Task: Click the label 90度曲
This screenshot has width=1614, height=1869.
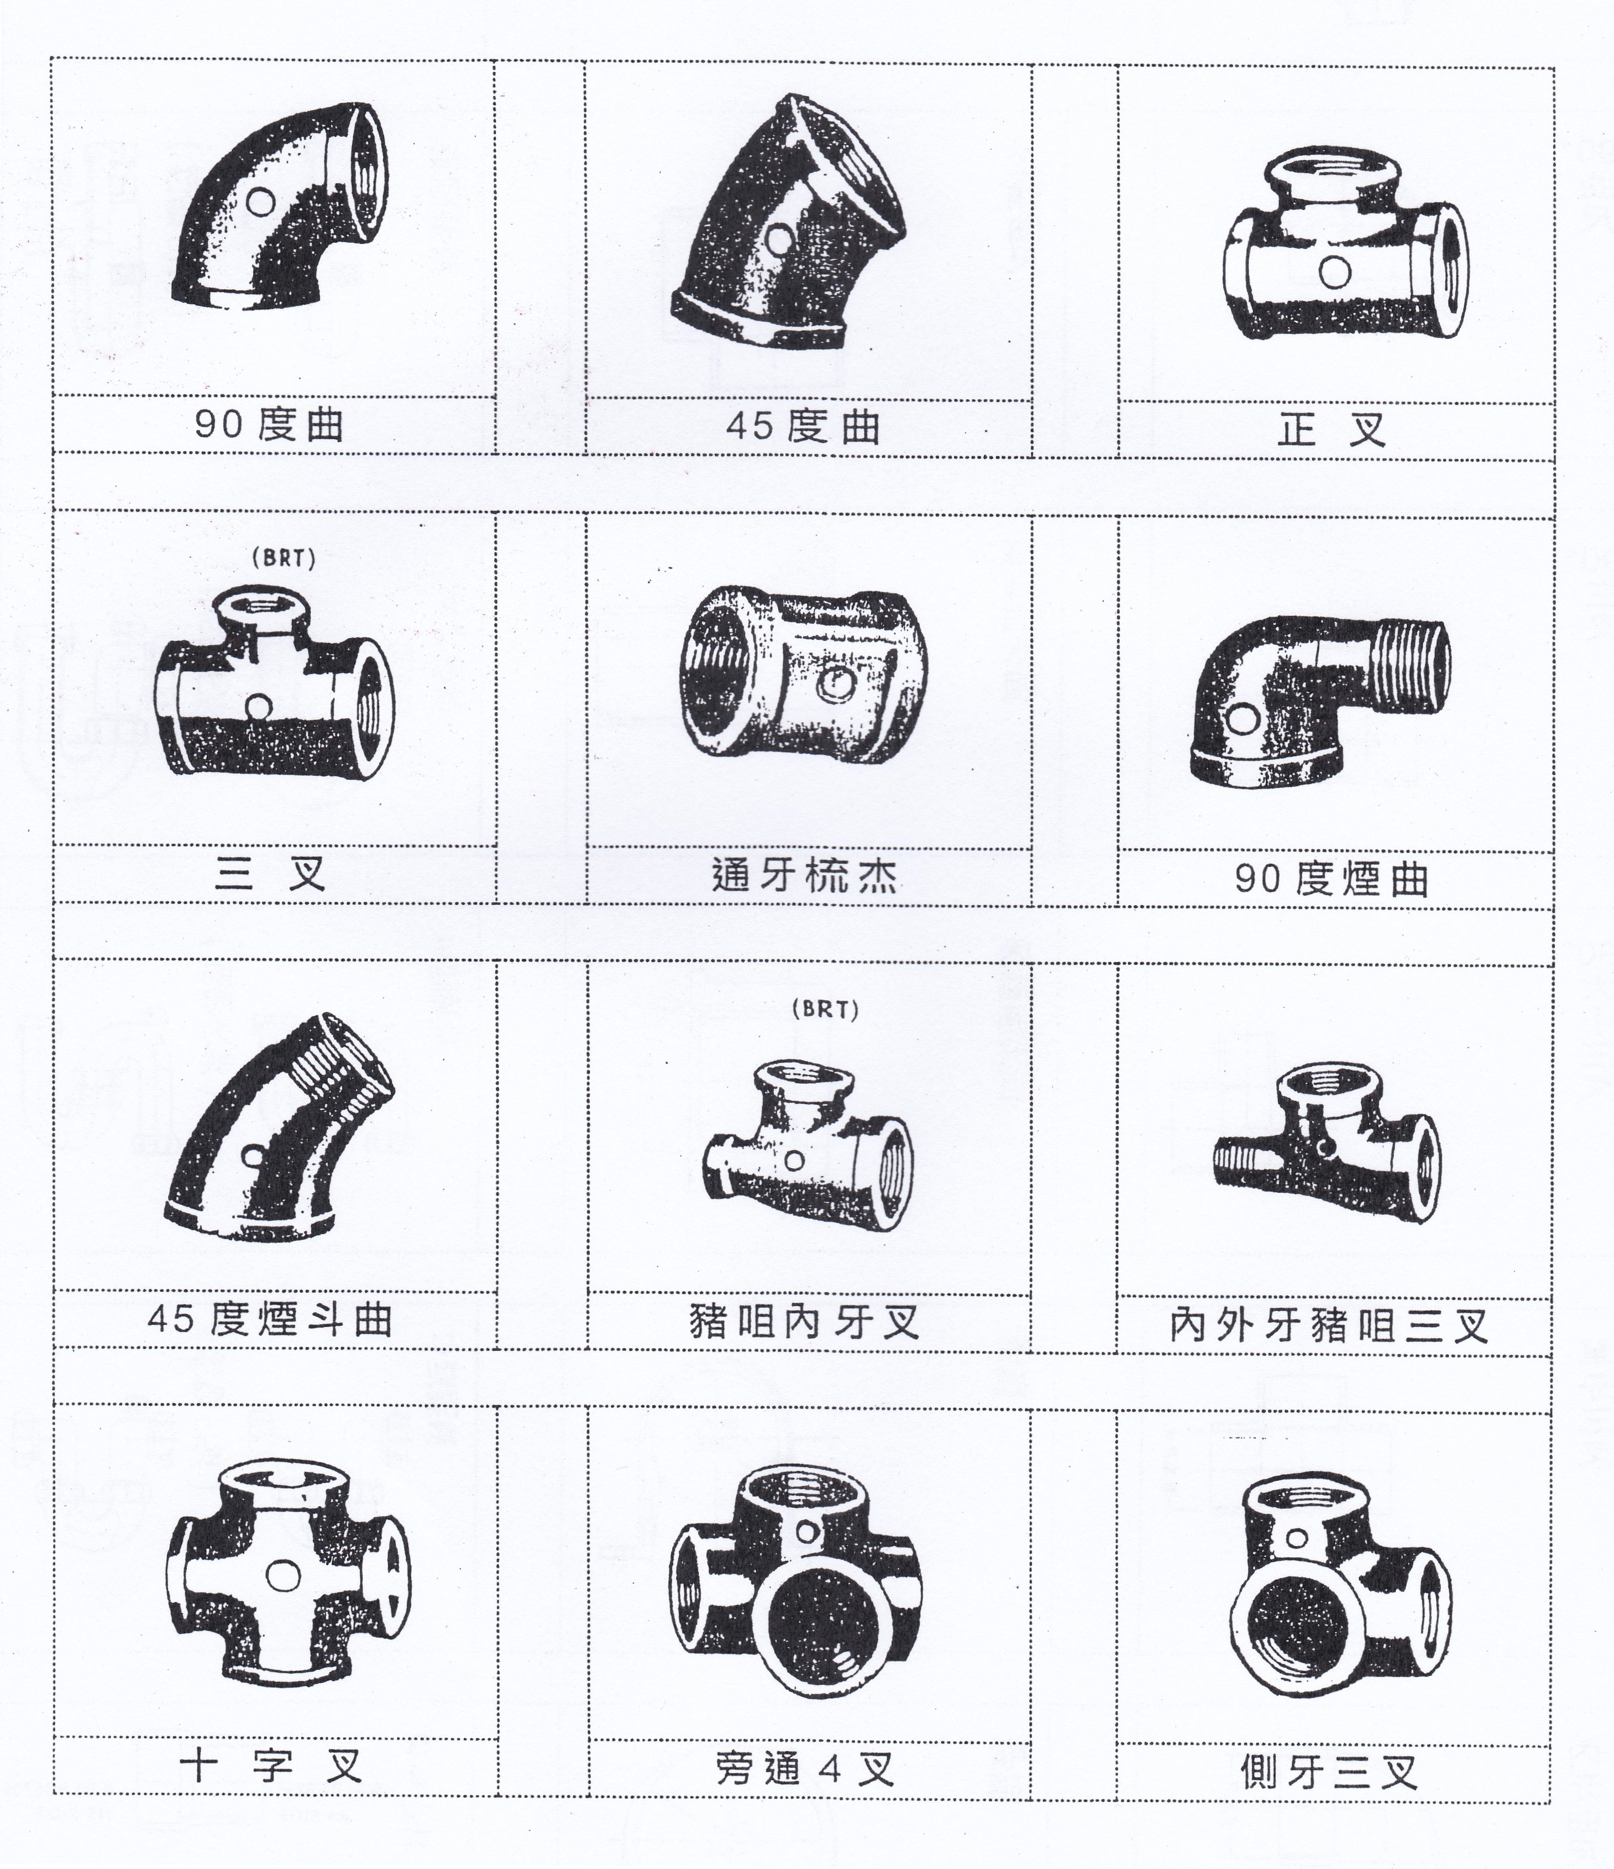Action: (269, 424)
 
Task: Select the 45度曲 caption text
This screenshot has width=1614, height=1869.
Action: (803, 426)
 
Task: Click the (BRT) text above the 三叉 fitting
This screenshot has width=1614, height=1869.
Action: (284, 558)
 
